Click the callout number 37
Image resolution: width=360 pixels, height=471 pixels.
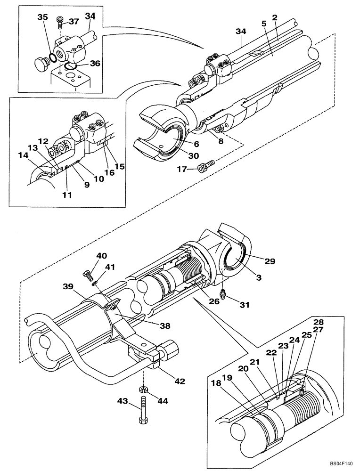click(x=74, y=21)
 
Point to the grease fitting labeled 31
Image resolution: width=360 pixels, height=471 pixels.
click(x=225, y=295)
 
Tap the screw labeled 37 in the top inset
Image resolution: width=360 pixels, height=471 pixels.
click(x=60, y=21)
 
